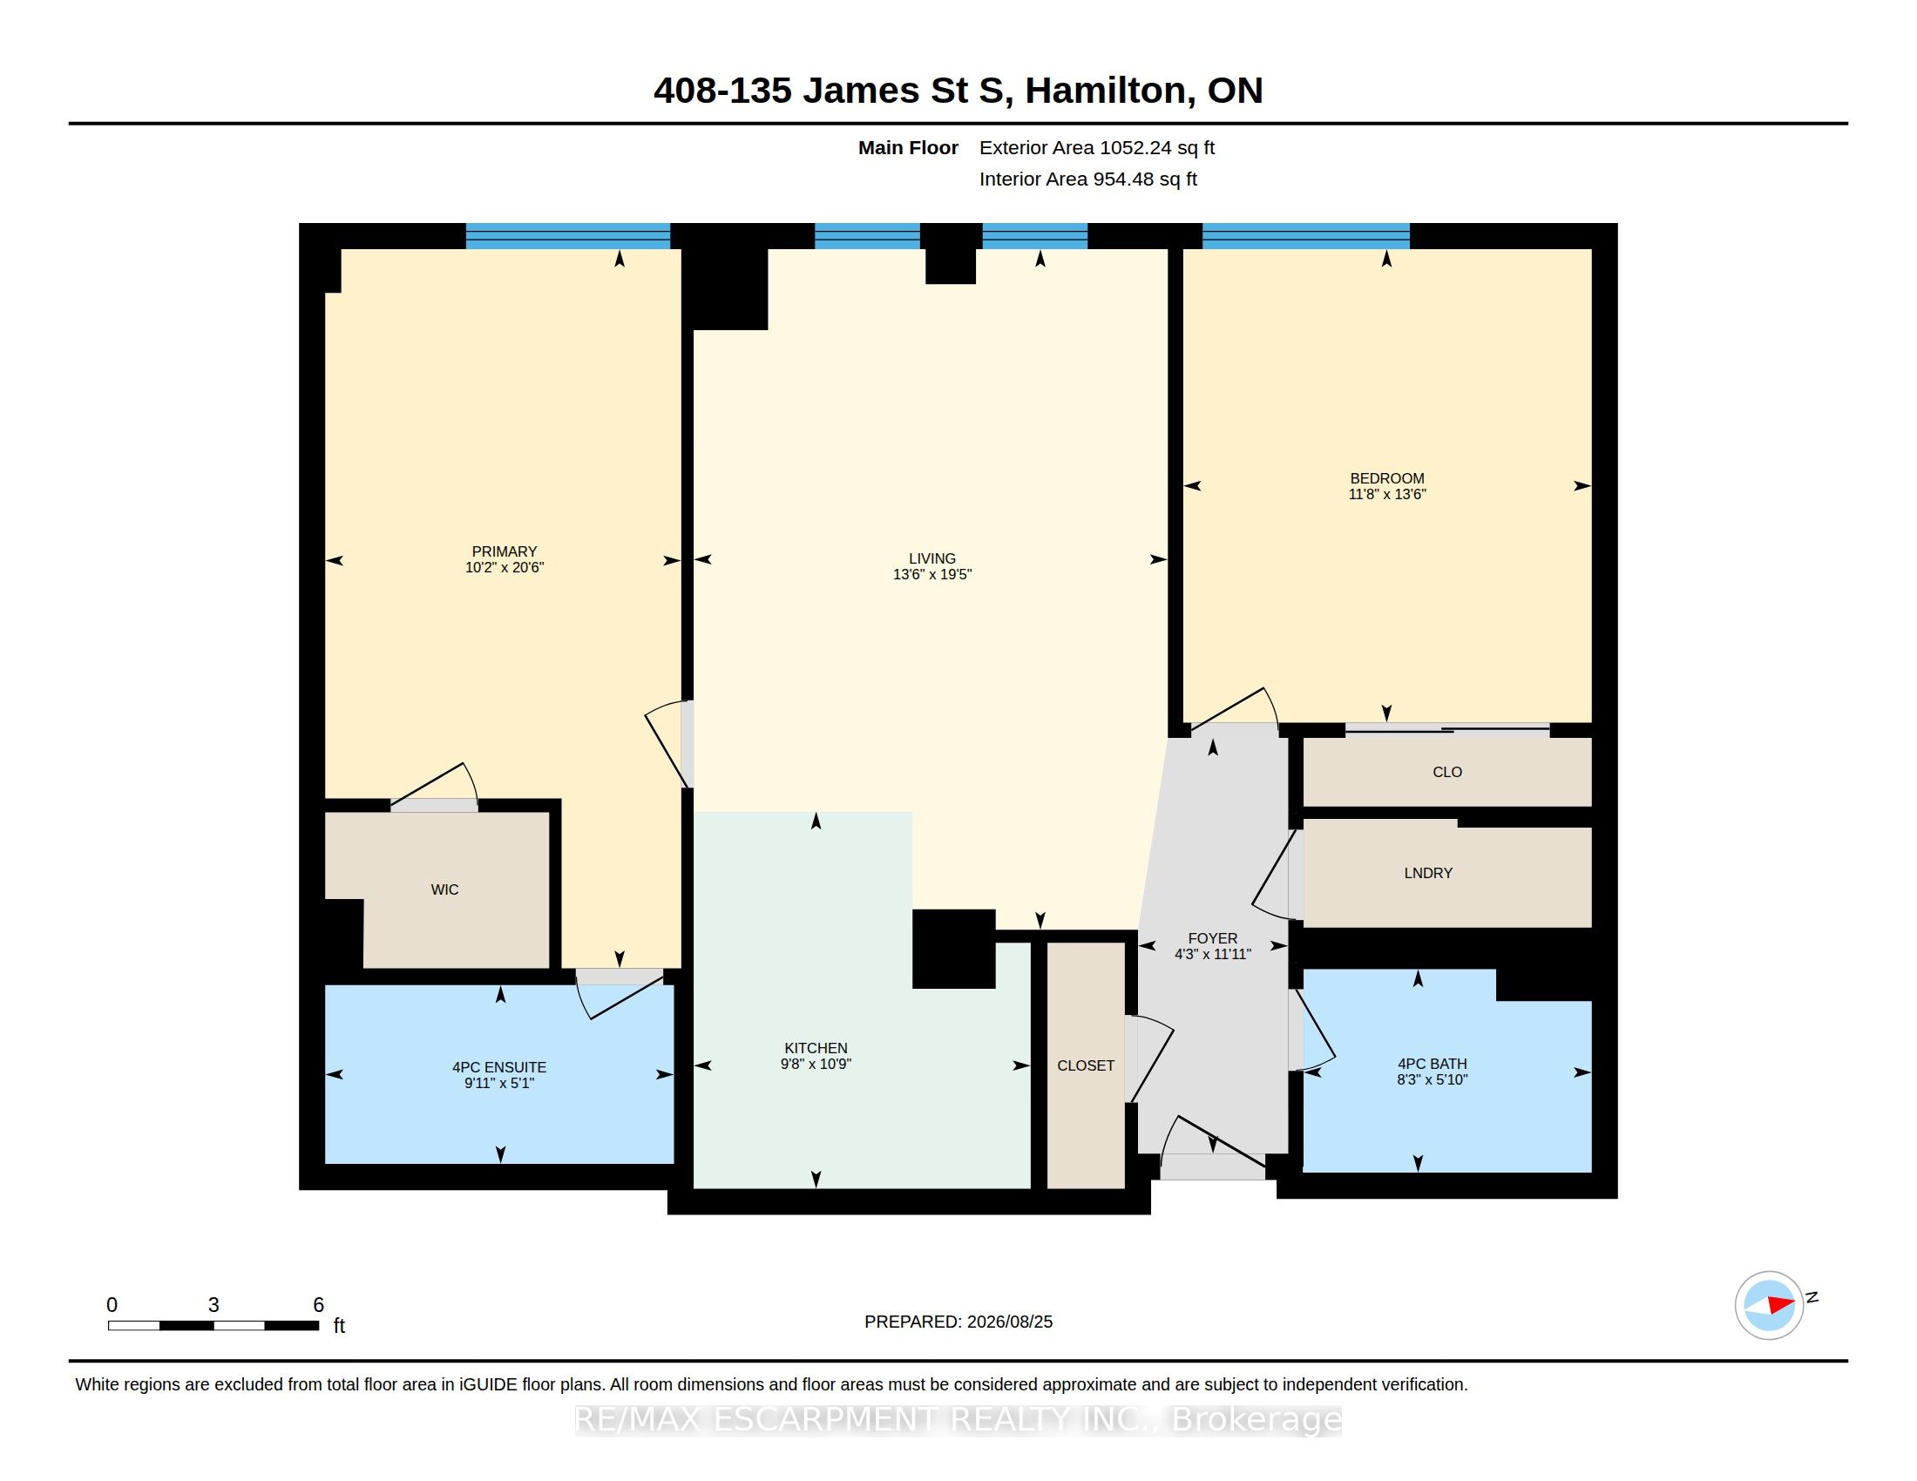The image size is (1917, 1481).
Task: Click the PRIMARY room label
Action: [x=504, y=551]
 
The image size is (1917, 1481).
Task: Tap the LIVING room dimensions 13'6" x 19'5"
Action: [x=932, y=575]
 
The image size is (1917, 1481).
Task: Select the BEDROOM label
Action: [x=1387, y=478]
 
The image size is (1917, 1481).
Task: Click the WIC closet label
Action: [x=444, y=889]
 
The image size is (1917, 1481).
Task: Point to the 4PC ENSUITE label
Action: [x=498, y=1068]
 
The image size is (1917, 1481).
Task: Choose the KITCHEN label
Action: [x=816, y=1048]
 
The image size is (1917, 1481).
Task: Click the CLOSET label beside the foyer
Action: [x=1086, y=1066]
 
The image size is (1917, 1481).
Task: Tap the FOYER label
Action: [x=1212, y=939]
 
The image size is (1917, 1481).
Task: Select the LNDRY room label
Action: [x=1428, y=873]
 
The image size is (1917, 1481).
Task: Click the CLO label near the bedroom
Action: [x=1447, y=772]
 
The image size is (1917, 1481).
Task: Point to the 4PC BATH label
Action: [x=1432, y=1065]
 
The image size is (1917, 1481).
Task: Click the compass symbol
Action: [x=1769, y=1306]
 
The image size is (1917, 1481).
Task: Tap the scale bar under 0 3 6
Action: [x=213, y=1326]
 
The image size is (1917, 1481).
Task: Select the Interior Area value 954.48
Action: [x=1123, y=179]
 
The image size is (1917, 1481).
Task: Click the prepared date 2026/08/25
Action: [x=1009, y=1322]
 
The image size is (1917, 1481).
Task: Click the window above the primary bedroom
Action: [x=568, y=236]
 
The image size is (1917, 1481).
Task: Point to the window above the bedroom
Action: [x=1306, y=236]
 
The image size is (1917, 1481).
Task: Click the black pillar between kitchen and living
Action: [x=953, y=950]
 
